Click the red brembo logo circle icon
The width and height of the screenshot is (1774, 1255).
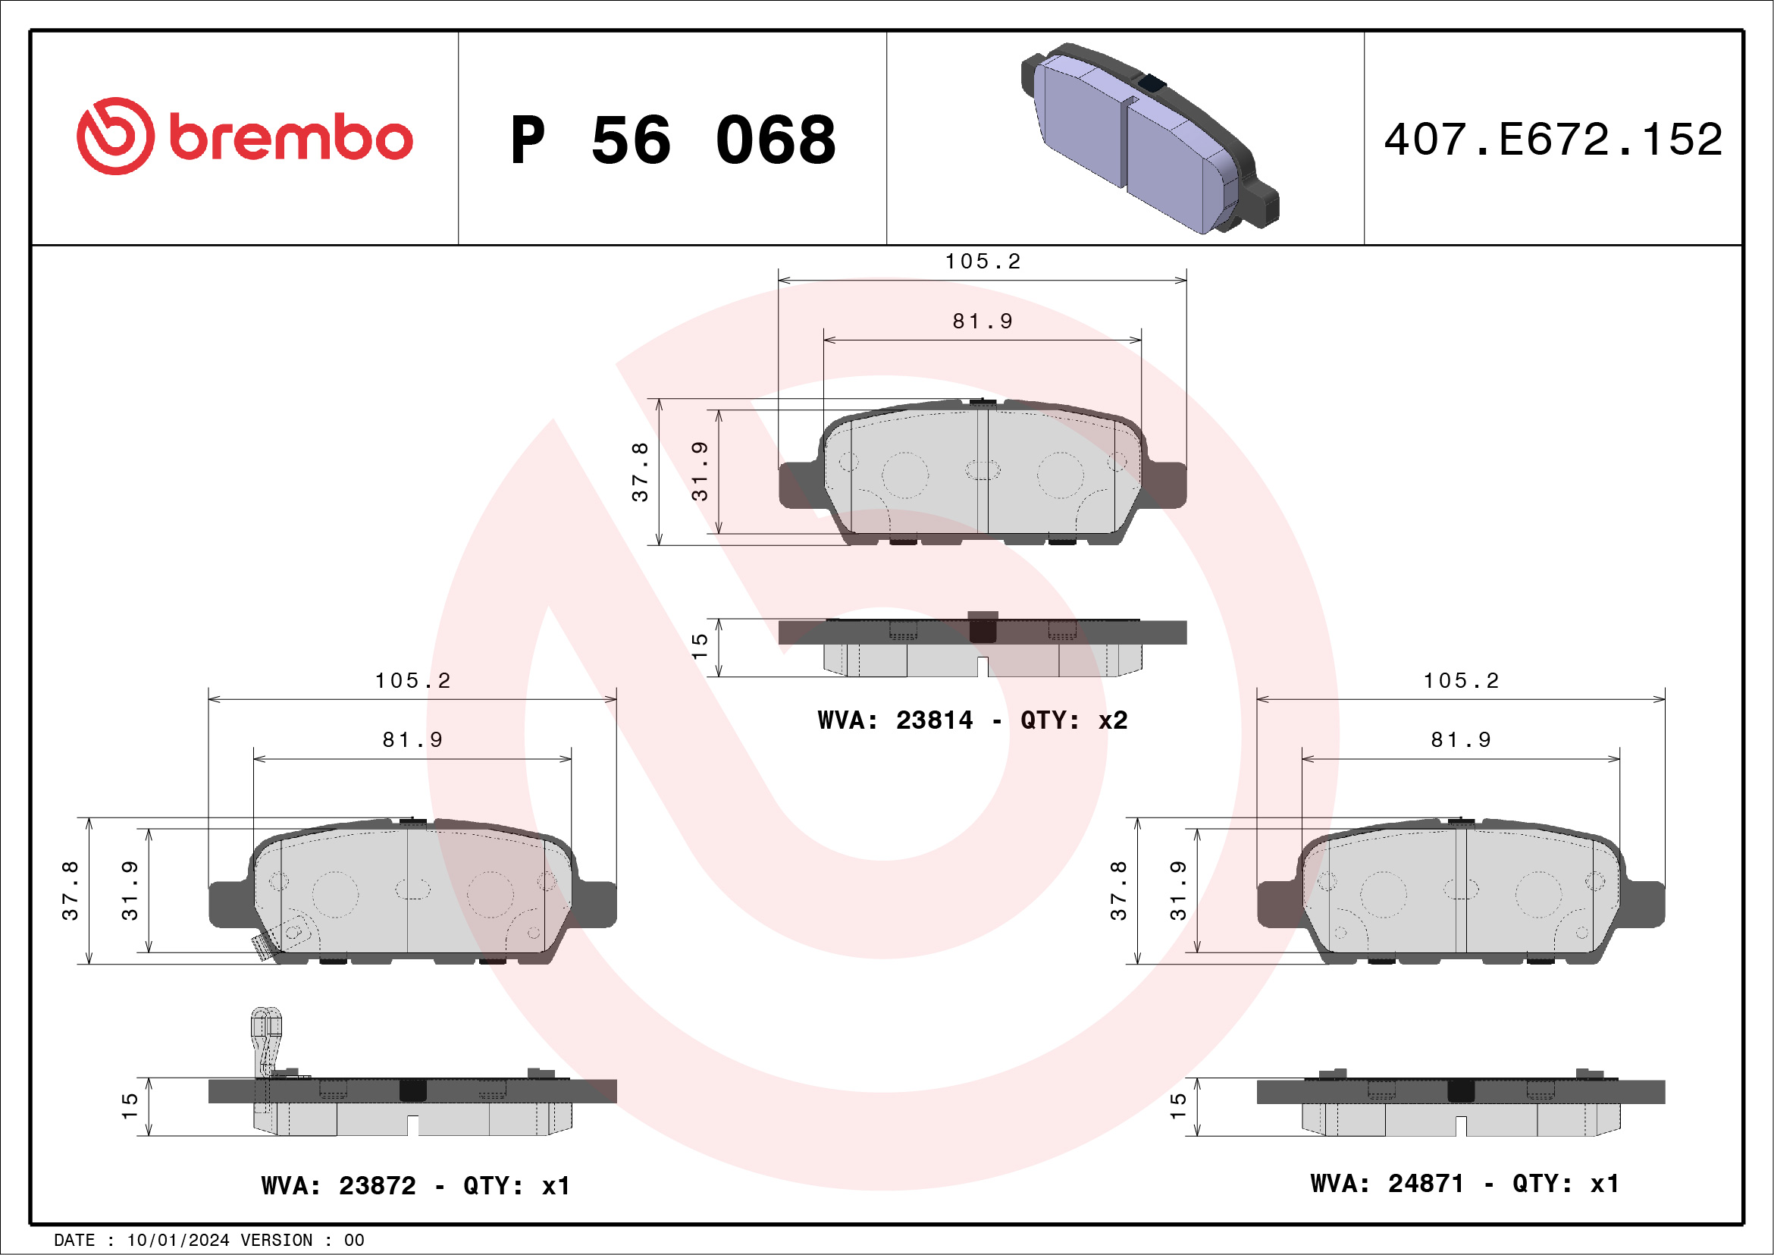click(115, 136)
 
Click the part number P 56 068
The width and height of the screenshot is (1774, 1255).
click(673, 140)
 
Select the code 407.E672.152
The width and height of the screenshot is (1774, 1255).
click(1553, 140)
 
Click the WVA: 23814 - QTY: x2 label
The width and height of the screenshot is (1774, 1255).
click(973, 720)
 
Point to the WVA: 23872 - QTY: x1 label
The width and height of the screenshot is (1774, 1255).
click(415, 1185)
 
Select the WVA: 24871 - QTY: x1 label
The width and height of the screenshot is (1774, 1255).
click(1464, 1183)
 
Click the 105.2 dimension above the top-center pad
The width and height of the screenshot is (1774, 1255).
click(982, 262)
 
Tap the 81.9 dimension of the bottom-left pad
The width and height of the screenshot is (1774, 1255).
click(412, 740)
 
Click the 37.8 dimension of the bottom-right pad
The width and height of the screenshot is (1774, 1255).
click(1118, 890)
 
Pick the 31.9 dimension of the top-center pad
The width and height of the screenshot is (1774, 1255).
click(699, 472)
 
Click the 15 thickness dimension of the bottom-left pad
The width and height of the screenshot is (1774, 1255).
click(129, 1106)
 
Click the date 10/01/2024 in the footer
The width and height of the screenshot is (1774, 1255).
click(177, 1241)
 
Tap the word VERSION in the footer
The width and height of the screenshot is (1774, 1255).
click(277, 1241)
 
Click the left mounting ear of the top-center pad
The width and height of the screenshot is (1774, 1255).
click(798, 485)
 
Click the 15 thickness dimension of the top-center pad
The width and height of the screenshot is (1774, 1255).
click(699, 646)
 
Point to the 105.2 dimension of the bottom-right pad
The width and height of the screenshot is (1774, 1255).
click(1460, 681)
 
